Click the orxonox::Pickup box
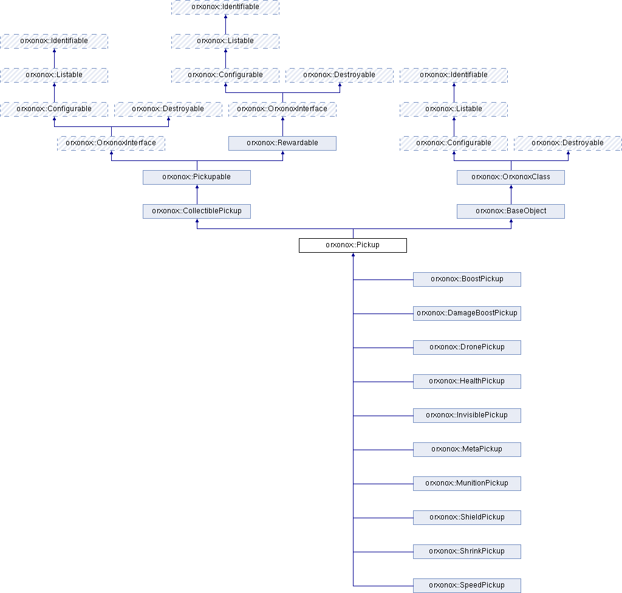[x=353, y=245]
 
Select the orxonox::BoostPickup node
[x=467, y=279]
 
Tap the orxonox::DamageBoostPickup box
[x=467, y=314]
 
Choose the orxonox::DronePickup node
[x=467, y=348]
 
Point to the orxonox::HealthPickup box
[x=467, y=382]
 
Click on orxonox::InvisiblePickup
[x=467, y=416]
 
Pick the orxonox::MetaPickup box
[x=467, y=450]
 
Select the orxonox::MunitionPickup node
[x=467, y=484]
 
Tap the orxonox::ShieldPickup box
[x=467, y=518]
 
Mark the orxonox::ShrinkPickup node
[x=467, y=552]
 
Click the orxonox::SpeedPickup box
[x=467, y=586]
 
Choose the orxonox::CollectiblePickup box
[x=197, y=211]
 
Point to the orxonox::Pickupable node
[x=197, y=177]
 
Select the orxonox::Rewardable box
[x=282, y=143]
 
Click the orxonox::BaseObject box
[x=511, y=211]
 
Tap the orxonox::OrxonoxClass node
[x=511, y=177]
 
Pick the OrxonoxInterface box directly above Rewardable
[x=282, y=109]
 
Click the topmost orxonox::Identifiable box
[x=225, y=7]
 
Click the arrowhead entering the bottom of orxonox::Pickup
[x=353, y=255]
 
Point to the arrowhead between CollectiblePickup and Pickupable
[x=197, y=187]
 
